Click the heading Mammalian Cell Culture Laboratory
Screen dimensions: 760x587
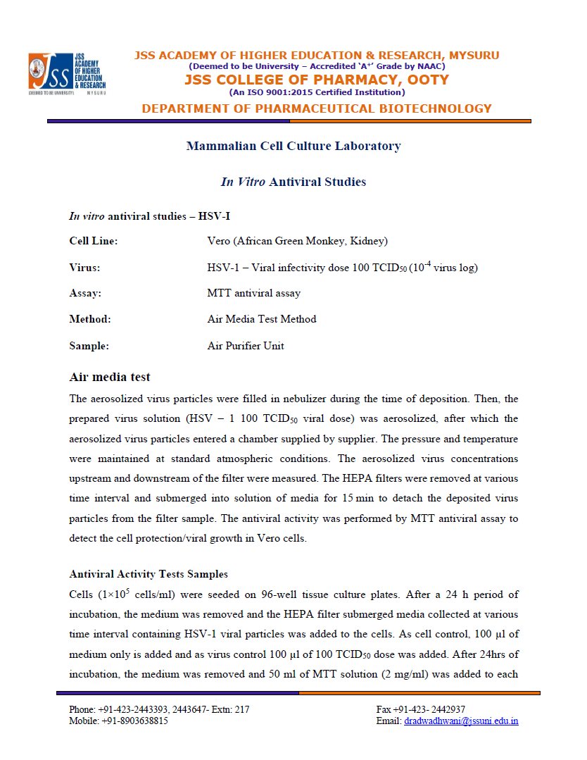pos(293,147)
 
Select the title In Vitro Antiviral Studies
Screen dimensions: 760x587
pos(293,182)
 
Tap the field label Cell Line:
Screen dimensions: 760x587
pos(93,241)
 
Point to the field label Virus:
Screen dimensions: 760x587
pos(84,268)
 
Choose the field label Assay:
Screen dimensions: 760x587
pos(85,293)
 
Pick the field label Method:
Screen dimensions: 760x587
pos(90,319)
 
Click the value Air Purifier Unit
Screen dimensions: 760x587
pos(246,346)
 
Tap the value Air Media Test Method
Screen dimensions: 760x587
pos(262,319)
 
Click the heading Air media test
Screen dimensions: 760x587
pos(109,377)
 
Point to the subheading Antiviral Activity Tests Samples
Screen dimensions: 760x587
pos(149,574)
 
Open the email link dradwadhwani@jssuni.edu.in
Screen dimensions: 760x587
pos(461,721)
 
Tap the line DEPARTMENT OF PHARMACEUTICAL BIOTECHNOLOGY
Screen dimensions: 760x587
pos(317,108)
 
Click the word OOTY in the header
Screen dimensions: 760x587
pos(427,80)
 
